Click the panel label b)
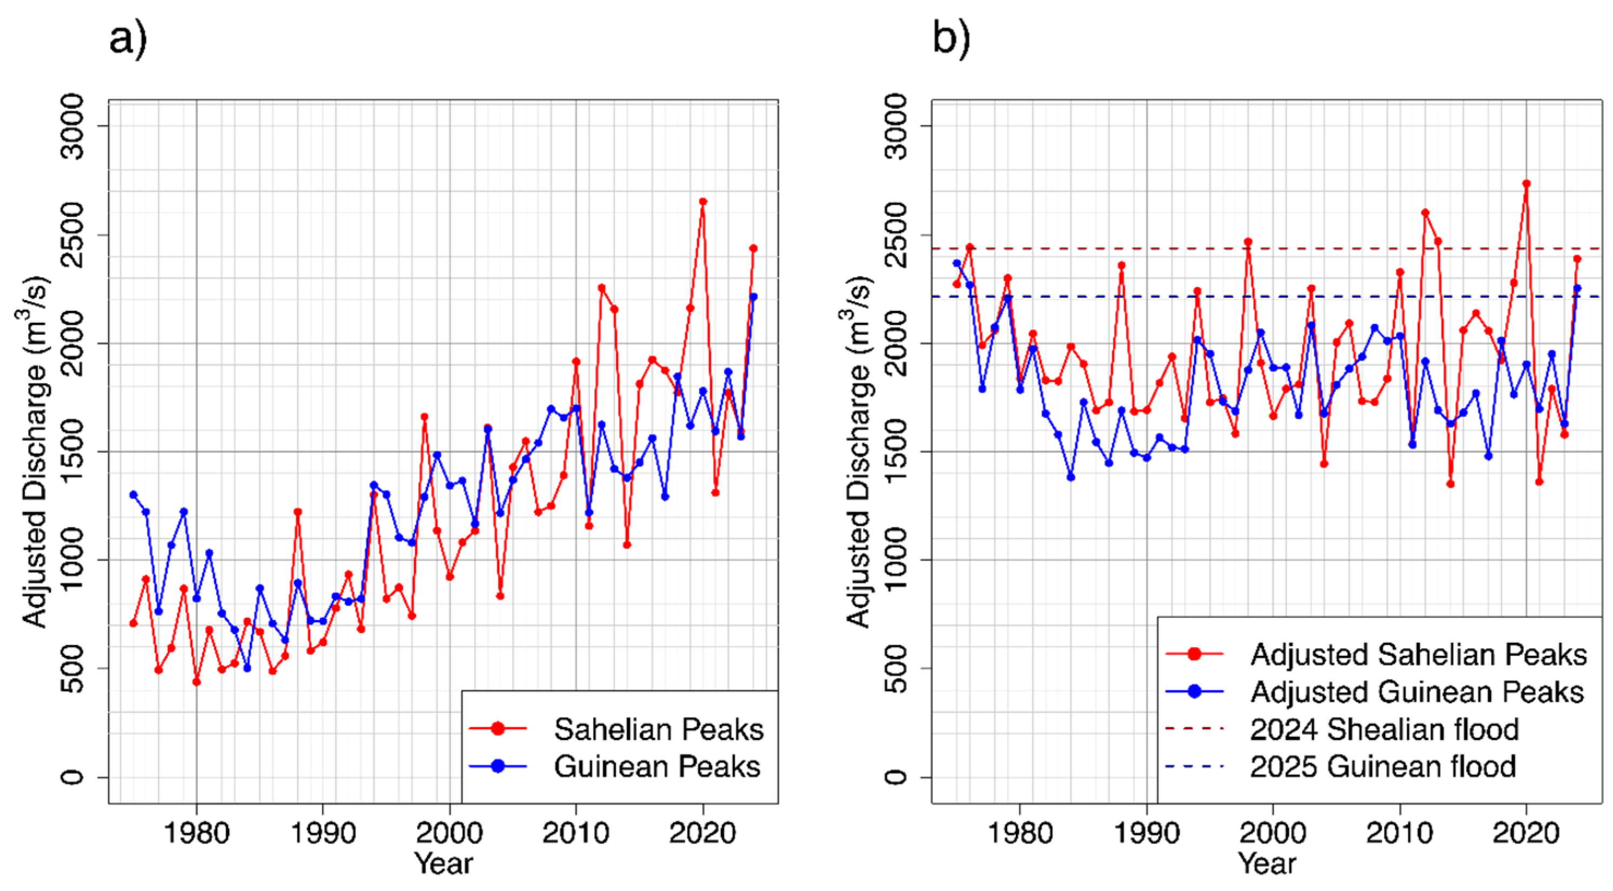[x=951, y=39]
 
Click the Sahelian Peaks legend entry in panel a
[x=657, y=730]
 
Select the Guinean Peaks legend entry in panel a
[x=656, y=767]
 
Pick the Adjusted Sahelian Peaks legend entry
[x=1417, y=655]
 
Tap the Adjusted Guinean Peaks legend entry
[x=1416, y=692]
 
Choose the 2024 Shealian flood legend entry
[x=1384, y=730]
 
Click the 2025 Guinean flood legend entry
[x=1382, y=767]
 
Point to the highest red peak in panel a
[x=703, y=201]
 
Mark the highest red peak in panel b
[x=1527, y=184]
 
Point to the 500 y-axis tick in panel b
[x=897, y=669]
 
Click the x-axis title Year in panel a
[x=443, y=864]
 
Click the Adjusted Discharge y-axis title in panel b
[x=858, y=451]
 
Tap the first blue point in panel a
[x=133, y=495]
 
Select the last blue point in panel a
[x=753, y=297]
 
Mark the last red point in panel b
[x=1577, y=259]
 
